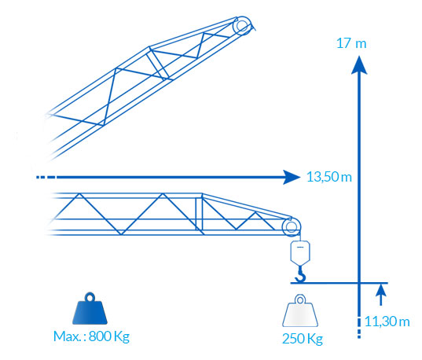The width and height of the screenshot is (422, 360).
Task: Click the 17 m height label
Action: tap(351, 43)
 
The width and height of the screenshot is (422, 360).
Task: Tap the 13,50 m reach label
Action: tap(329, 177)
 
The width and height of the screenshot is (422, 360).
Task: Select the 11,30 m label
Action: tap(387, 321)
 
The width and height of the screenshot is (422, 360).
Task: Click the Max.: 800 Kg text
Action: tap(91, 336)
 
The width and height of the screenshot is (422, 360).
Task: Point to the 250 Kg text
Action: tap(303, 339)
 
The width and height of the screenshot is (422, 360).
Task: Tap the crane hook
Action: tap(301, 274)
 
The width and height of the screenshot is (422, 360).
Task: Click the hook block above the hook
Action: tap(300, 252)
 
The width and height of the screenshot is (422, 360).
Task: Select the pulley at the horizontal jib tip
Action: tap(292, 226)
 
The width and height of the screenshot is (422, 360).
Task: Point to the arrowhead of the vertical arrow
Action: tap(359, 64)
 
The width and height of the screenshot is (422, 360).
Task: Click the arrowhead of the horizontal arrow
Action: tap(292, 177)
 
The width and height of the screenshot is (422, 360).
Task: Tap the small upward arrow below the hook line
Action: tap(380, 295)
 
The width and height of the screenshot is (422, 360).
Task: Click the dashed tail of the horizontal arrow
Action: tap(46, 177)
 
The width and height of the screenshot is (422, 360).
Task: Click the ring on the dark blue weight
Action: tap(90, 298)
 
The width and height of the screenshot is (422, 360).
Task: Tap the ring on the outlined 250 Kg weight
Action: tap(300, 299)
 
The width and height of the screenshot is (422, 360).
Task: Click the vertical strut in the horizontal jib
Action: tap(199, 214)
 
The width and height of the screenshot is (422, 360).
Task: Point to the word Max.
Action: tap(67, 336)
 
